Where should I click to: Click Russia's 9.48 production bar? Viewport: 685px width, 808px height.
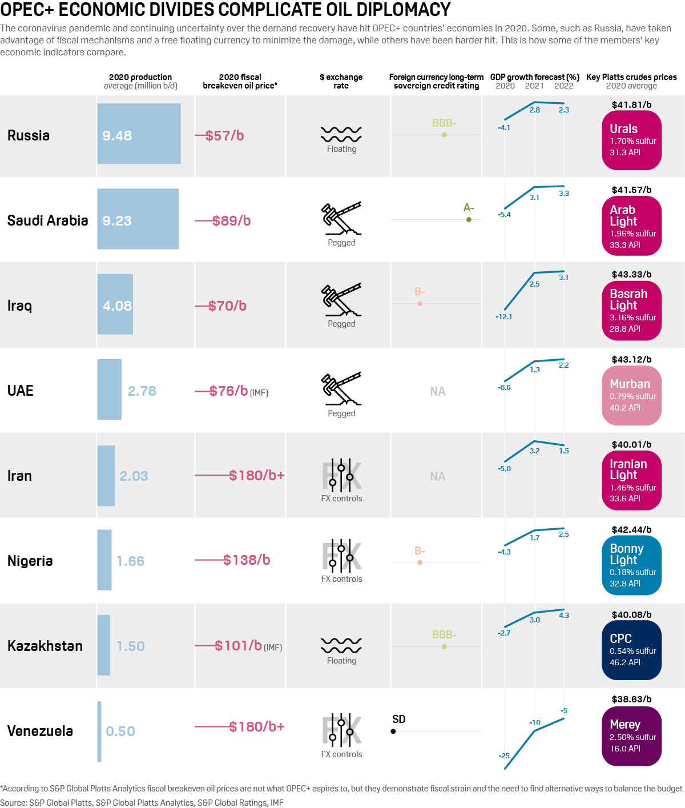[139, 134]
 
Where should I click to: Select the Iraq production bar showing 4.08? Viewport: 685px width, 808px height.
[115, 304]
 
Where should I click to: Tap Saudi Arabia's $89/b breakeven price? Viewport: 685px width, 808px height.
[231, 220]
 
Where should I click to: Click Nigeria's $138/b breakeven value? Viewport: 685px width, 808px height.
[247, 560]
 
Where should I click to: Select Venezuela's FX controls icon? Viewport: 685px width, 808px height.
[341, 730]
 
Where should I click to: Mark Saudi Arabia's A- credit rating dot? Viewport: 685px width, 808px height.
[469, 219]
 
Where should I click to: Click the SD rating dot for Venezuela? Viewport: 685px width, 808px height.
[393, 731]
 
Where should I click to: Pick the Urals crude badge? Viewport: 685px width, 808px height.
[631, 140]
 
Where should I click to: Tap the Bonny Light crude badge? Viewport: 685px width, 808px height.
[631, 565]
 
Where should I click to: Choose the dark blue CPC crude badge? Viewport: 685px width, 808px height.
[631, 650]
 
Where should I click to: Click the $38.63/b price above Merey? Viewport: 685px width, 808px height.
[631, 699]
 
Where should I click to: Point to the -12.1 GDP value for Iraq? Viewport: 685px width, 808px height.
[504, 316]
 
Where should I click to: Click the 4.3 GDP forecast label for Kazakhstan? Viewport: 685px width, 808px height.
[564, 615]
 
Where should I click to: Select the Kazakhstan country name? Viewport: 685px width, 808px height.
[45, 646]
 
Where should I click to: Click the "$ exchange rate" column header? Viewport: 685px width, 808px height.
[341, 81]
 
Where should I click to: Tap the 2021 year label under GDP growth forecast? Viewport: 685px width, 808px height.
[534, 86]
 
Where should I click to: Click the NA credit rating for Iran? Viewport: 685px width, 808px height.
[438, 476]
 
